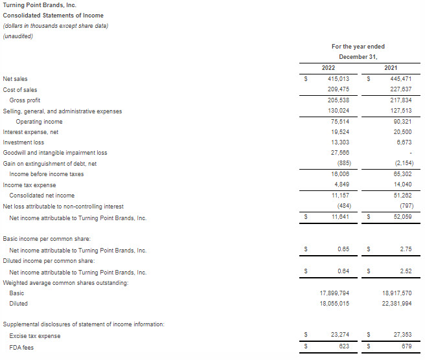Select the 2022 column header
pos(328,68)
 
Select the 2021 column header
pos(391,68)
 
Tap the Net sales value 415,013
pos(338,79)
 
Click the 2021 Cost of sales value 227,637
pos(400,90)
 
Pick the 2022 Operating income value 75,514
pos(339,122)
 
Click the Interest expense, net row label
pos(30,132)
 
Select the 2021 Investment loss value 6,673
pos(403,142)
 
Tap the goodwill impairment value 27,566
pos(339,153)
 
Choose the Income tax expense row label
pos(29,185)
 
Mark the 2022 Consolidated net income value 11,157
pos(339,196)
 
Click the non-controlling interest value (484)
pos(341,206)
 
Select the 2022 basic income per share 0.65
pos(343,249)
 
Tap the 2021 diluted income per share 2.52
pos(406,271)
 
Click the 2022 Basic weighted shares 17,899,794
pos(334,293)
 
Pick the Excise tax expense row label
pos(35,336)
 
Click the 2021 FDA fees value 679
pos(407,347)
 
